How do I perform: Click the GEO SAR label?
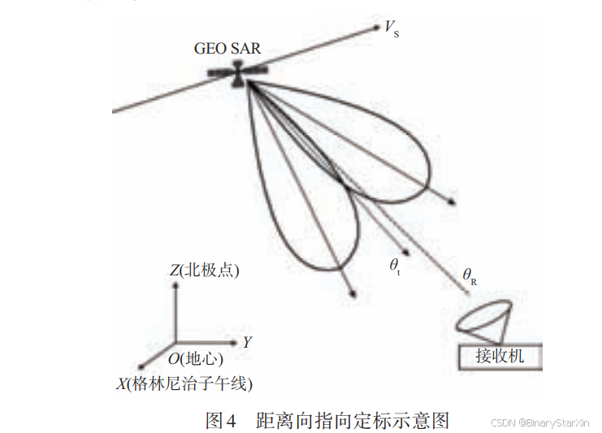coord(227,48)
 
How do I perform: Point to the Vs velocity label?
coord(391,30)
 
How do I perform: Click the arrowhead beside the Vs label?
coord(376,28)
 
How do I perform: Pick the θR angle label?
coord(470,277)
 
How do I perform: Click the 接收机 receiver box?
coord(499,356)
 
